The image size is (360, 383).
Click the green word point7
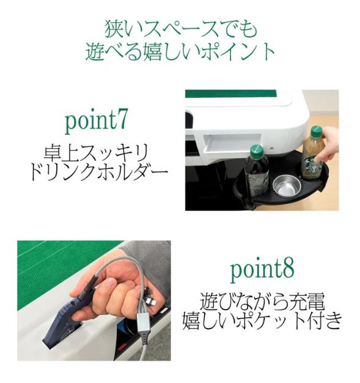click(97, 121)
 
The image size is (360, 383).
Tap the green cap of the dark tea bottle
click(256, 150)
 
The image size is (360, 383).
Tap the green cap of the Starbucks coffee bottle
click(315, 132)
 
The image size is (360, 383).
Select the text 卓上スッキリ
click(97, 151)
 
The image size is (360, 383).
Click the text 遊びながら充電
click(262, 301)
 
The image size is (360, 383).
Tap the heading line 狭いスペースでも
click(180, 29)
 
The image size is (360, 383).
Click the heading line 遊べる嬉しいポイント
click(180, 51)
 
